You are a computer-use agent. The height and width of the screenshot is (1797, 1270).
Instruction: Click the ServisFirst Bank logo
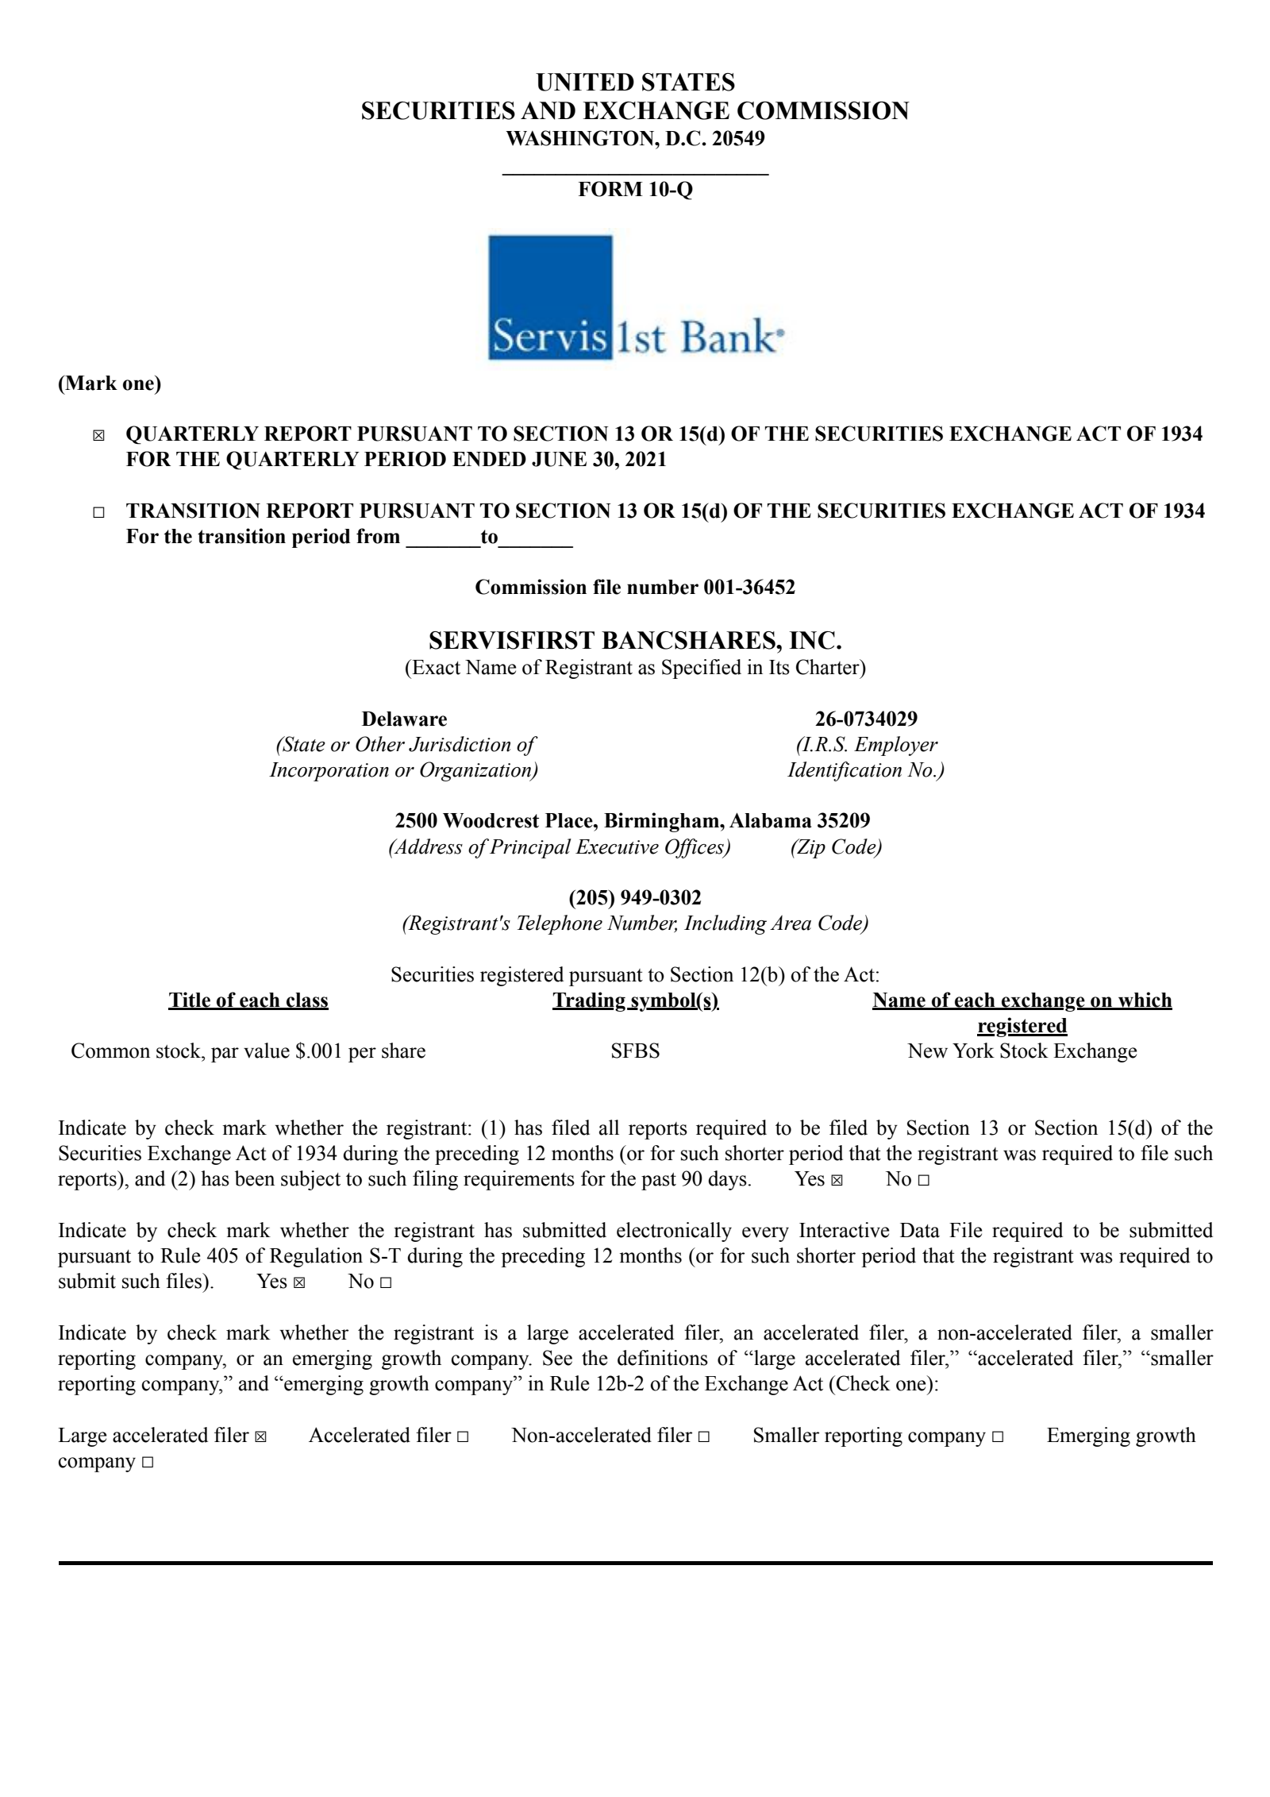tap(636, 298)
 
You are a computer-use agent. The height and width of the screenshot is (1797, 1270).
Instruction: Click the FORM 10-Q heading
tap(635, 189)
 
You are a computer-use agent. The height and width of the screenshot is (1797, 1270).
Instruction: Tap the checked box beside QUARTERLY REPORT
tap(98, 435)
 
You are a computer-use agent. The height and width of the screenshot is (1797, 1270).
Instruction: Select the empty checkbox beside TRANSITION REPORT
tap(98, 513)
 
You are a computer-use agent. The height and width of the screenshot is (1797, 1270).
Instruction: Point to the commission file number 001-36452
tap(749, 588)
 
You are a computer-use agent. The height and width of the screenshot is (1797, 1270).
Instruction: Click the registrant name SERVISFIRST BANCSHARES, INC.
tap(635, 640)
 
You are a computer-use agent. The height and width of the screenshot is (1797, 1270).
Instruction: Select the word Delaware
tap(404, 719)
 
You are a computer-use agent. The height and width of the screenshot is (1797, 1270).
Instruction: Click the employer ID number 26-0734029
tap(866, 719)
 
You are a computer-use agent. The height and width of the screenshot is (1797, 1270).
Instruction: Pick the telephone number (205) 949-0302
tap(635, 898)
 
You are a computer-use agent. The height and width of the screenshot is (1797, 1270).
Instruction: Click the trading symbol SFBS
tap(635, 1051)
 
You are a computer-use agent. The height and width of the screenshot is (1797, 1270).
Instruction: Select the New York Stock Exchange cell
tap(1022, 1051)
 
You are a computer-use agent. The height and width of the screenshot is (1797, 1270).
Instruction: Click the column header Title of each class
tap(248, 1001)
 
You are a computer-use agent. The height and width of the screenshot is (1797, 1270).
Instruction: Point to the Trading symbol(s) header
tap(635, 1001)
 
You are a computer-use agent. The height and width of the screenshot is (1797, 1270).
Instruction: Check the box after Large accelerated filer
tap(261, 1436)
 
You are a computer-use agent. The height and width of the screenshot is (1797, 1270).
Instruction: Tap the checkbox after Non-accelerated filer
tap(703, 1436)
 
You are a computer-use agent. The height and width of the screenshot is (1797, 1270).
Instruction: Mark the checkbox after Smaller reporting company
tap(998, 1436)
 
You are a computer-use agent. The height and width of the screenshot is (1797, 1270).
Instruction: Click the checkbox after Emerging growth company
tap(148, 1463)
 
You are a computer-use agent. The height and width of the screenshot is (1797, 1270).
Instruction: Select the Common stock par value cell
tap(248, 1051)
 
